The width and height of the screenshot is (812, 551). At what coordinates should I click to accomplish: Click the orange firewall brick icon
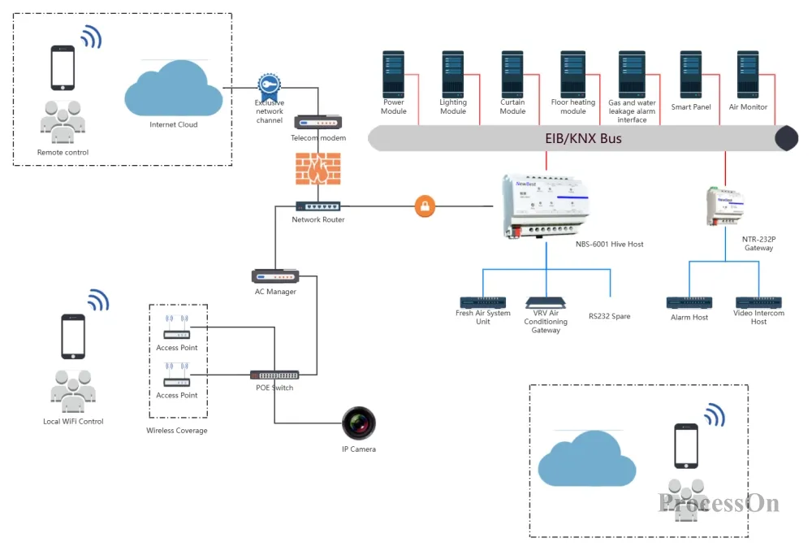click(318, 168)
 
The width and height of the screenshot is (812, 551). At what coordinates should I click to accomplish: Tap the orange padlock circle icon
click(425, 206)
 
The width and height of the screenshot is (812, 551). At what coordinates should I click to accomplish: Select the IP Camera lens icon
click(359, 423)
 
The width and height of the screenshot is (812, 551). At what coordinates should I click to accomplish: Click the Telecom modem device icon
click(318, 123)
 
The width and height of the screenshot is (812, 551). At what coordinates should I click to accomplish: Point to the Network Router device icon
click(318, 206)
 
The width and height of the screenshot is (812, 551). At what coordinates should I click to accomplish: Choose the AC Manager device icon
click(275, 276)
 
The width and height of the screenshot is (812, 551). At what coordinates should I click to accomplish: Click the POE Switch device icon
click(274, 375)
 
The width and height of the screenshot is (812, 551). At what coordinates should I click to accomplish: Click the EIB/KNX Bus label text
click(583, 138)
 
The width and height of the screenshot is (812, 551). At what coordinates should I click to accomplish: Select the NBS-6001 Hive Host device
click(545, 206)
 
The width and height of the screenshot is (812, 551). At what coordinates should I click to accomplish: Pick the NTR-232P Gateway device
click(725, 206)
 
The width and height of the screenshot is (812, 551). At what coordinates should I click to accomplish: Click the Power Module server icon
click(393, 74)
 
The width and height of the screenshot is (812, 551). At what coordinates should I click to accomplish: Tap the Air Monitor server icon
click(748, 74)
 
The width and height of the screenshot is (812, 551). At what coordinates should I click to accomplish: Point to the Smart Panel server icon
click(691, 74)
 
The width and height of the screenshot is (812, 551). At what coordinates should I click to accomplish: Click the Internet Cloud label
click(174, 124)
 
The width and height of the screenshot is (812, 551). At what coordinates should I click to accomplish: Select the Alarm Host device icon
click(689, 302)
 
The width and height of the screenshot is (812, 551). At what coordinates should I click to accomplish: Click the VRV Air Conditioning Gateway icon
click(546, 302)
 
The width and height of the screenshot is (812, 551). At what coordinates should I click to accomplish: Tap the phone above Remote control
click(63, 68)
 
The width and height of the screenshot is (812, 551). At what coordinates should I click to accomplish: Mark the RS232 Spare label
click(610, 316)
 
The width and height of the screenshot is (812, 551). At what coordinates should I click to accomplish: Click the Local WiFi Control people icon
click(73, 391)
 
